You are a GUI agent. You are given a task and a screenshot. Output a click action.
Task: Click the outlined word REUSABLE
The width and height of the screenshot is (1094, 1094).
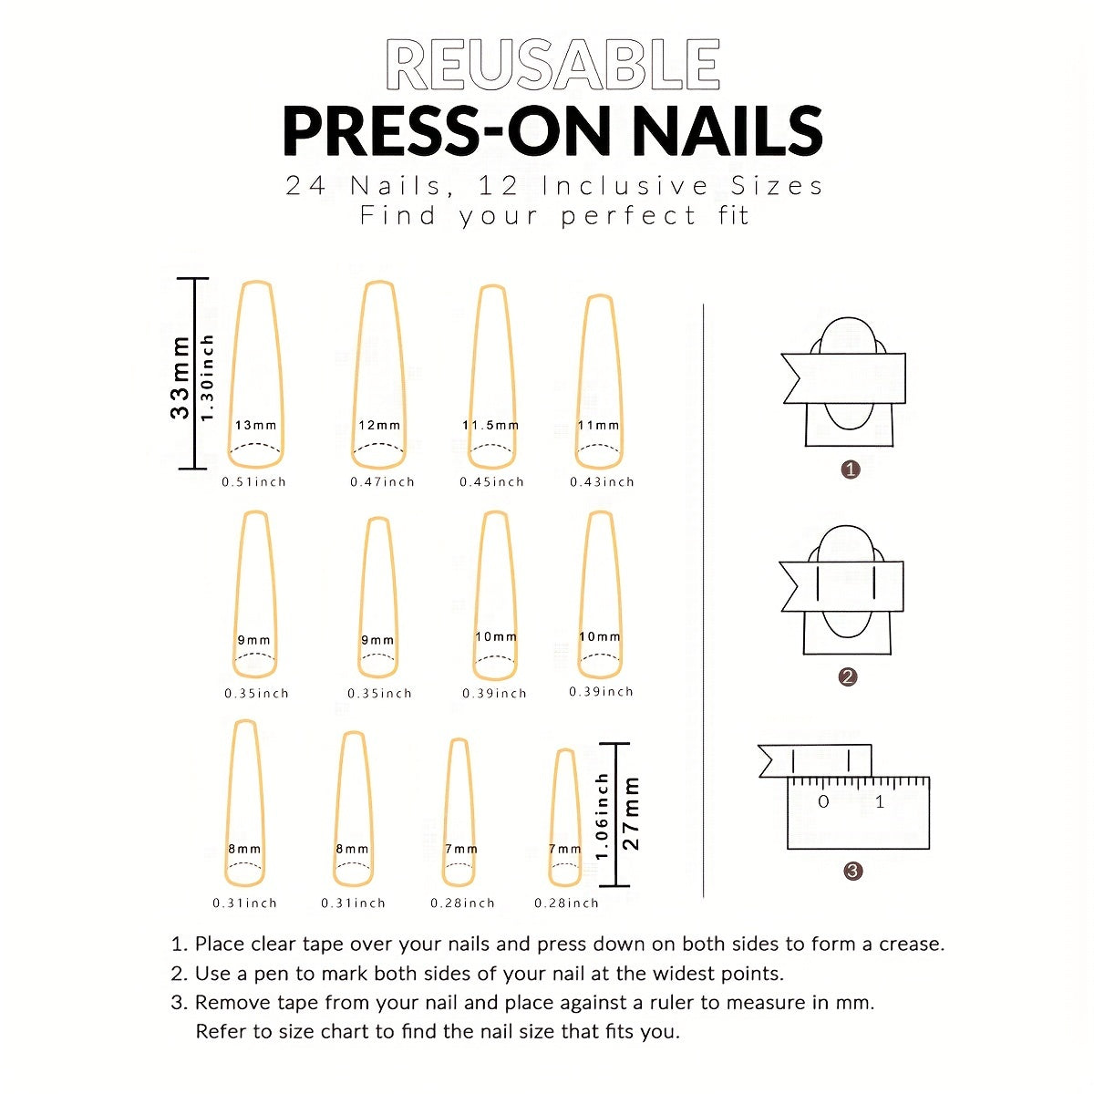(x=553, y=66)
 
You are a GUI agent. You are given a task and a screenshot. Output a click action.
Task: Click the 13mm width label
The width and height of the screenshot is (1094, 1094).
(x=255, y=426)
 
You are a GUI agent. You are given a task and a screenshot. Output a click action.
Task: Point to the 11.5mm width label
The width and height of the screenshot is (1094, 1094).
(x=490, y=426)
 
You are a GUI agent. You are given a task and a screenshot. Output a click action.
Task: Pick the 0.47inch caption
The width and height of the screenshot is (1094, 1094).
(x=382, y=482)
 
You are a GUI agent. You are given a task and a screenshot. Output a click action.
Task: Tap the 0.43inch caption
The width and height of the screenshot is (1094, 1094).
(x=602, y=482)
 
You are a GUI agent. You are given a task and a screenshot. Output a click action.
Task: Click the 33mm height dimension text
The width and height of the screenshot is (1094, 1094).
(x=181, y=377)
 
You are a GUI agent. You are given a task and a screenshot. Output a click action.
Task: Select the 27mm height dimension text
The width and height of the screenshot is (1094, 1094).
(x=631, y=813)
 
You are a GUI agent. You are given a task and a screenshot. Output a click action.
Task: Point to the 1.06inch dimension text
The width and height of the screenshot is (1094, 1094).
(x=602, y=817)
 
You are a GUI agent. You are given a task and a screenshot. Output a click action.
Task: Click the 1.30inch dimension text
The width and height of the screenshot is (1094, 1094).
(x=208, y=377)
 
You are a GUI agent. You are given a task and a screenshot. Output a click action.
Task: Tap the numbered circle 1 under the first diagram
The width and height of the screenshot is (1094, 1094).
(x=851, y=470)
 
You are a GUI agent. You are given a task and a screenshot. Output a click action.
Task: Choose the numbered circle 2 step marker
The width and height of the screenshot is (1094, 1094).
(x=848, y=676)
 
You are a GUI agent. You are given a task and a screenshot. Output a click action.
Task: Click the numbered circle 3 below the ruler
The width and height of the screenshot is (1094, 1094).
(x=852, y=872)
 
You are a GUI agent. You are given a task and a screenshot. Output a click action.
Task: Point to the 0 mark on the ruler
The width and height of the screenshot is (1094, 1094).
(x=823, y=802)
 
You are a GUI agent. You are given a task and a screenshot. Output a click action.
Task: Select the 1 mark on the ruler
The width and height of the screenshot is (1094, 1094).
(x=880, y=802)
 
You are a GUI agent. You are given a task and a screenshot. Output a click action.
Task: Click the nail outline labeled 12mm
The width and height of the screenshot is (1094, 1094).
(x=379, y=374)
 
